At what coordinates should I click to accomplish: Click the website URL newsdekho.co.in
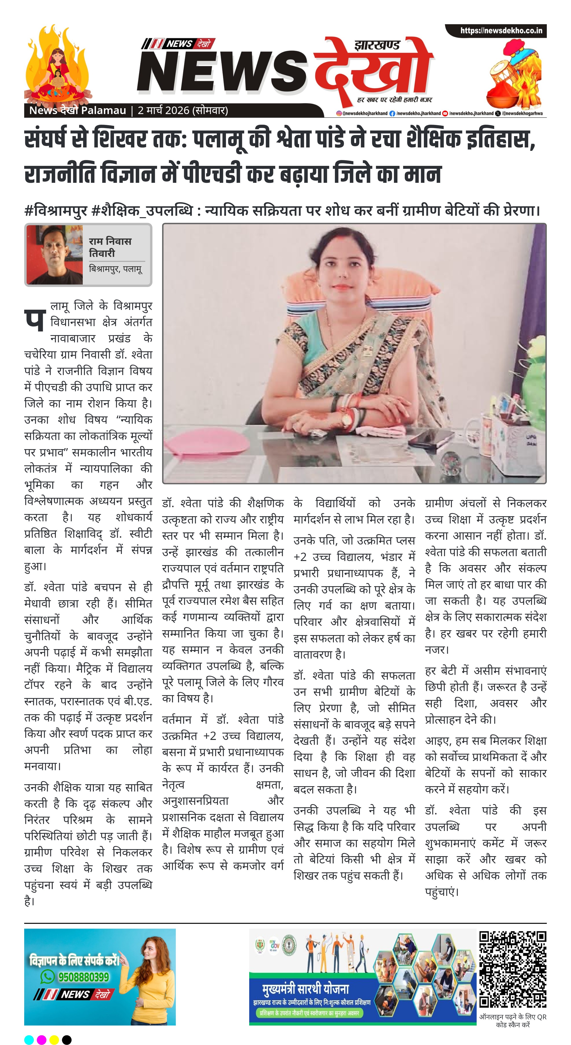click(x=501, y=31)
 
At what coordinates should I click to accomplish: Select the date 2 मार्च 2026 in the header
click(x=164, y=110)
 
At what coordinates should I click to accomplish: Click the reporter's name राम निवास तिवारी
click(x=110, y=247)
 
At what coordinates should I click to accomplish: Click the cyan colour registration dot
click(x=29, y=1040)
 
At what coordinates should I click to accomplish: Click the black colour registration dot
click(x=67, y=1040)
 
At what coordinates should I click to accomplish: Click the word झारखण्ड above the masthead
click(x=377, y=45)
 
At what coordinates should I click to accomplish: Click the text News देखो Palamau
click(x=78, y=110)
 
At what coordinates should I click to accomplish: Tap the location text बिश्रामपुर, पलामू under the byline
click(x=115, y=269)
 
